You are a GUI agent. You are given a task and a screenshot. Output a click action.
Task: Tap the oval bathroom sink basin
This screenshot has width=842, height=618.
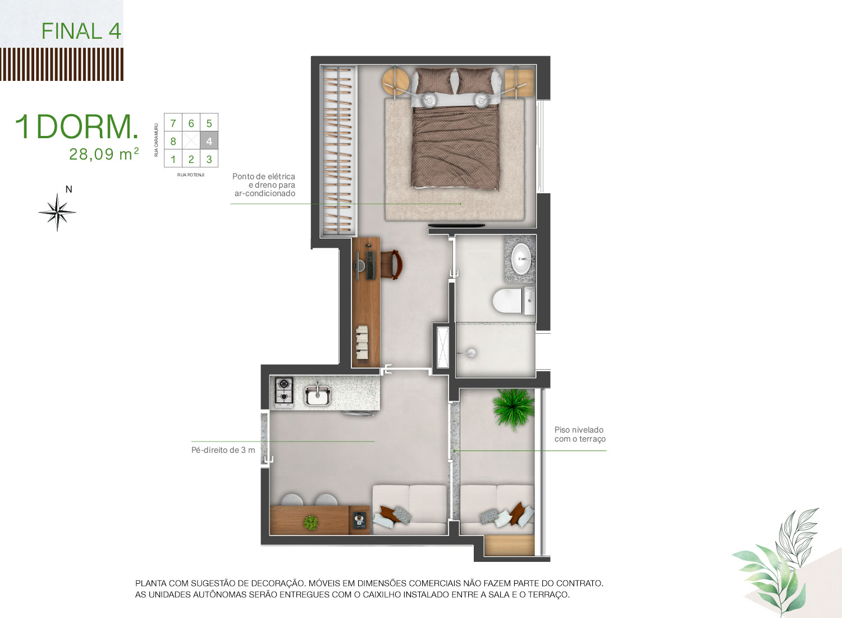521,258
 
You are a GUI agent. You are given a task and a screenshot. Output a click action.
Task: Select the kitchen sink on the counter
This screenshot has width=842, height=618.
318,396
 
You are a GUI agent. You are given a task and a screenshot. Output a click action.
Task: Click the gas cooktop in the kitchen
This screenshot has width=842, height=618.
284,393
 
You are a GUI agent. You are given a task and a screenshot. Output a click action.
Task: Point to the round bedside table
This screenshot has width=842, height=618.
395,81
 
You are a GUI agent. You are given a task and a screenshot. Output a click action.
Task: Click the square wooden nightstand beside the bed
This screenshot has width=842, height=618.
519,83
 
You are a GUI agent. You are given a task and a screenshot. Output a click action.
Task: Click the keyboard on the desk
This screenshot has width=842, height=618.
370,266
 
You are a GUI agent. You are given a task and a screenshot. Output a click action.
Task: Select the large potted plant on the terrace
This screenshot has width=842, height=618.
514,409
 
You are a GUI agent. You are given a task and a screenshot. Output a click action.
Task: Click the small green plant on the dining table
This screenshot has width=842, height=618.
310,523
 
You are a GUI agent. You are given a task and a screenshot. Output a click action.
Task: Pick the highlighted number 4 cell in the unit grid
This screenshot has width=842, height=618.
209,141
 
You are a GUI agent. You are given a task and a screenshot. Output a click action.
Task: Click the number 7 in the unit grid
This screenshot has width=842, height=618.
173,124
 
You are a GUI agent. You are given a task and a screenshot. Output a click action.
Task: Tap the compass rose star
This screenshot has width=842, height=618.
57,212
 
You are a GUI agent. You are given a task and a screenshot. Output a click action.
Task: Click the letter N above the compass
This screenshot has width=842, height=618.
69,189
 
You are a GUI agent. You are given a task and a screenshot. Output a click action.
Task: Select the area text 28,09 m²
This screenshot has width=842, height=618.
104,154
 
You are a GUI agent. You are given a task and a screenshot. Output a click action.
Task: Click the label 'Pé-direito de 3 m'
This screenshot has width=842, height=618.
223,450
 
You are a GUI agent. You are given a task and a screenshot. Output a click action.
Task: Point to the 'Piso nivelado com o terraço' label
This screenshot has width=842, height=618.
580,434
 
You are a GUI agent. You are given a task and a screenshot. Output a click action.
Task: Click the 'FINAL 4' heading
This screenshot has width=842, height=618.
81,31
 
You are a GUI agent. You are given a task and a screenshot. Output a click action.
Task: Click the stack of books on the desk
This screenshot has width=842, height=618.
362,342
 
